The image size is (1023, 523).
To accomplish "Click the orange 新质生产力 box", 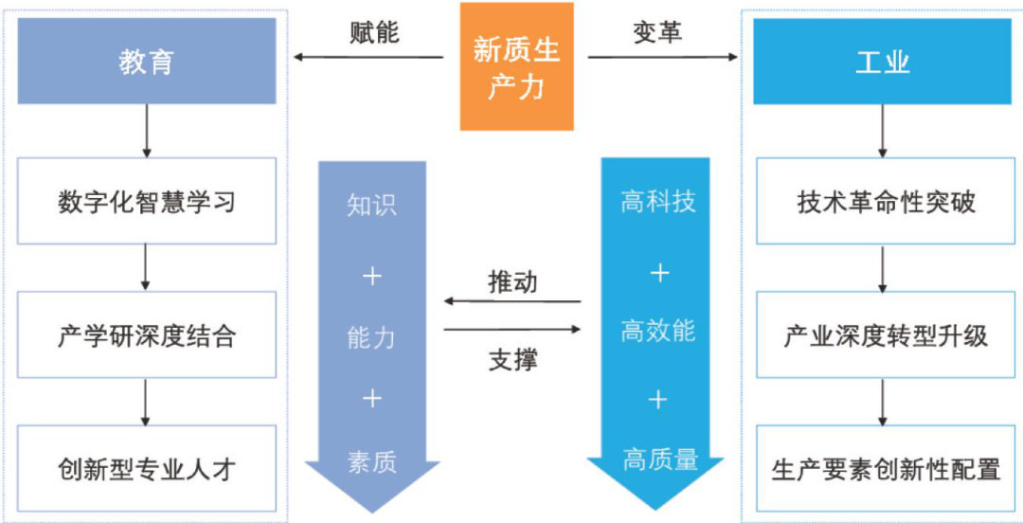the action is click(516, 66).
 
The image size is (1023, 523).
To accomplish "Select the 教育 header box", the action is click(147, 63).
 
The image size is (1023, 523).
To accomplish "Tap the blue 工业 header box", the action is click(882, 63).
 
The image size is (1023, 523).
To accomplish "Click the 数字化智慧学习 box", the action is click(147, 202).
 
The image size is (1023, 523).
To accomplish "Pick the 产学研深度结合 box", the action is click(147, 335).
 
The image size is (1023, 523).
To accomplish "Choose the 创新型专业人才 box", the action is click(147, 469).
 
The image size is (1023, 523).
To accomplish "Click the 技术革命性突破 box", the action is click(882, 202).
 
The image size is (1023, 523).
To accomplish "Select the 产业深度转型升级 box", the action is click(882, 335).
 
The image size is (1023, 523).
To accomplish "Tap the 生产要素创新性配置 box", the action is click(882, 469).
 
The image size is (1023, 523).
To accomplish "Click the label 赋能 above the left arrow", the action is click(374, 32).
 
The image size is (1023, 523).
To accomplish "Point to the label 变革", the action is click(657, 32).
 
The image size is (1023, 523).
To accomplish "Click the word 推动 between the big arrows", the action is click(512, 281).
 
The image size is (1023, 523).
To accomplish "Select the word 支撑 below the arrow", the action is click(512, 360).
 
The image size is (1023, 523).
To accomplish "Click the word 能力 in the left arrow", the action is click(371, 337).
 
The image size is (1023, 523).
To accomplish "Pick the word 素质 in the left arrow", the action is click(371, 461).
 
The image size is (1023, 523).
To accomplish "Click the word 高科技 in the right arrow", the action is click(658, 202).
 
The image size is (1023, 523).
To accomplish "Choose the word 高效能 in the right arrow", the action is click(658, 331).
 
